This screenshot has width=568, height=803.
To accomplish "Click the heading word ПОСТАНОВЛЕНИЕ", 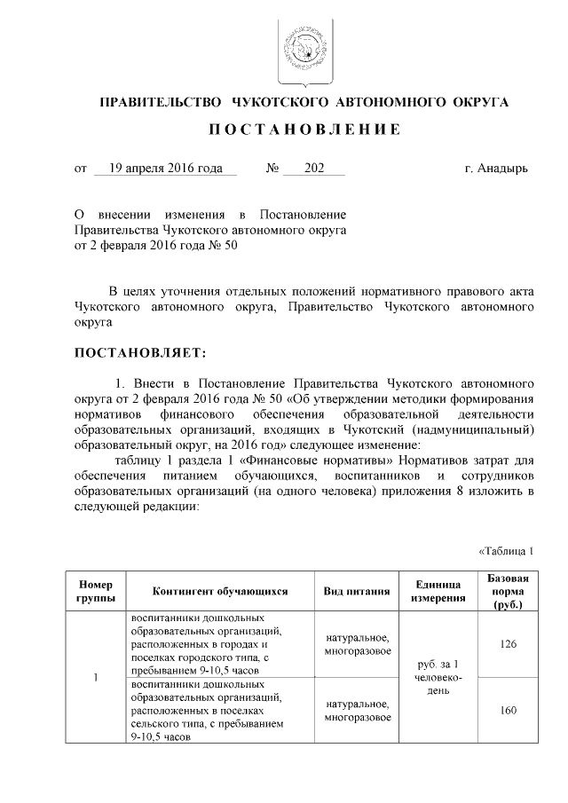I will tap(304, 130).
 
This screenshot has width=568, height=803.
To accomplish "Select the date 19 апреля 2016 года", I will tap(160, 168).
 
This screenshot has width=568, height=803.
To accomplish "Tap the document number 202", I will tap(313, 168).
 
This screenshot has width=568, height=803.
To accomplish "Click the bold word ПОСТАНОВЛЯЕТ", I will tap(140, 353).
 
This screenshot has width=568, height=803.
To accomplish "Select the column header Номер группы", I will tap(95, 591).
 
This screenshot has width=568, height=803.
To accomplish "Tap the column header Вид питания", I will tap(358, 591).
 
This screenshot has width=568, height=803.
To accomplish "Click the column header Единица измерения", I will tap(437, 591).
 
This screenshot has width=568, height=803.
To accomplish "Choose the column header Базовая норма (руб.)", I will tap(509, 591).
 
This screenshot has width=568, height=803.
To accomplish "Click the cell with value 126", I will tap(509, 644).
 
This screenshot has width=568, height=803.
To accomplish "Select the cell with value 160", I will tap(509, 711).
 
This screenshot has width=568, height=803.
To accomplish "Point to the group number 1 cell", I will tap(95, 678).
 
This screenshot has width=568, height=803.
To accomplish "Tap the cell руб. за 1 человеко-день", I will tap(437, 677).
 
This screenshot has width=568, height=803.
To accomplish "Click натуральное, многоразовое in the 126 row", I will tap(358, 644).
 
